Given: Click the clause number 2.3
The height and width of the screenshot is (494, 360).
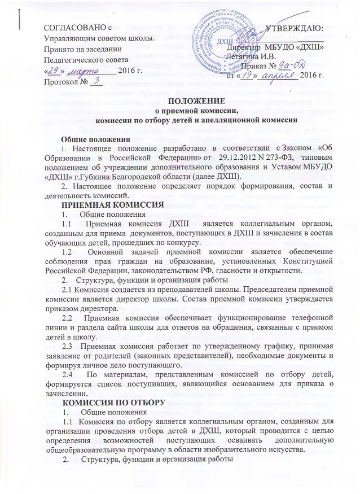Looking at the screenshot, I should pos(70,345).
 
